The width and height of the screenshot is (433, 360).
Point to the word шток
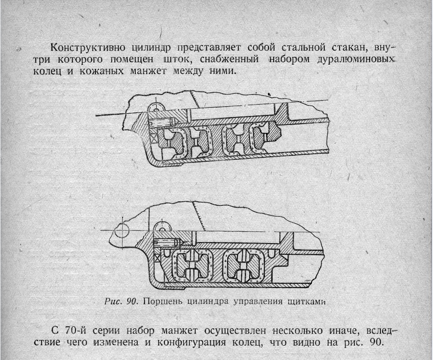click(x=178, y=59)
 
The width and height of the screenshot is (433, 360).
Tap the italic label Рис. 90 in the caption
click(x=121, y=301)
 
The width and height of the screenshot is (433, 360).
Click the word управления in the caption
click(x=258, y=301)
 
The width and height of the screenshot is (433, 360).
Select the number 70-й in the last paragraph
click(x=76, y=330)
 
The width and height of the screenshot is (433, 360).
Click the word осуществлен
click(x=235, y=330)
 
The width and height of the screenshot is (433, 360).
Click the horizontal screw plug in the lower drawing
click(x=167, y=242)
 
